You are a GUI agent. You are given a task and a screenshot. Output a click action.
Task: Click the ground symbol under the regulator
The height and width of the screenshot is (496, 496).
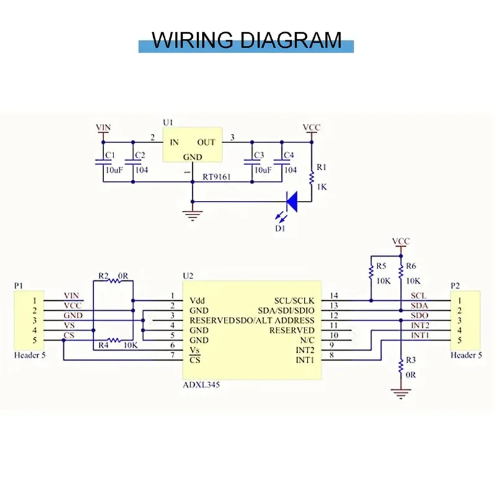click(x=192, y=215)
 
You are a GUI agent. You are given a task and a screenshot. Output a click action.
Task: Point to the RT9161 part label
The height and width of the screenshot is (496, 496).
click(x=216, y=177)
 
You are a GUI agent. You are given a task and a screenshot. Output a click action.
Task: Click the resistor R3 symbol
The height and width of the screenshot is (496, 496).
click(x=401, y=365)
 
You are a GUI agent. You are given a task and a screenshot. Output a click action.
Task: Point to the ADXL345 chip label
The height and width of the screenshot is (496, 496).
click(x=200, y=385)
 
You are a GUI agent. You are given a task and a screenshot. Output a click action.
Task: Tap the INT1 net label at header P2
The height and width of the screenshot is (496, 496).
click(x=419, y=335)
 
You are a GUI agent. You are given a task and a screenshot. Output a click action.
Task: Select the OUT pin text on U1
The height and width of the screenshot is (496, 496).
click(x=206, y=142)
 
